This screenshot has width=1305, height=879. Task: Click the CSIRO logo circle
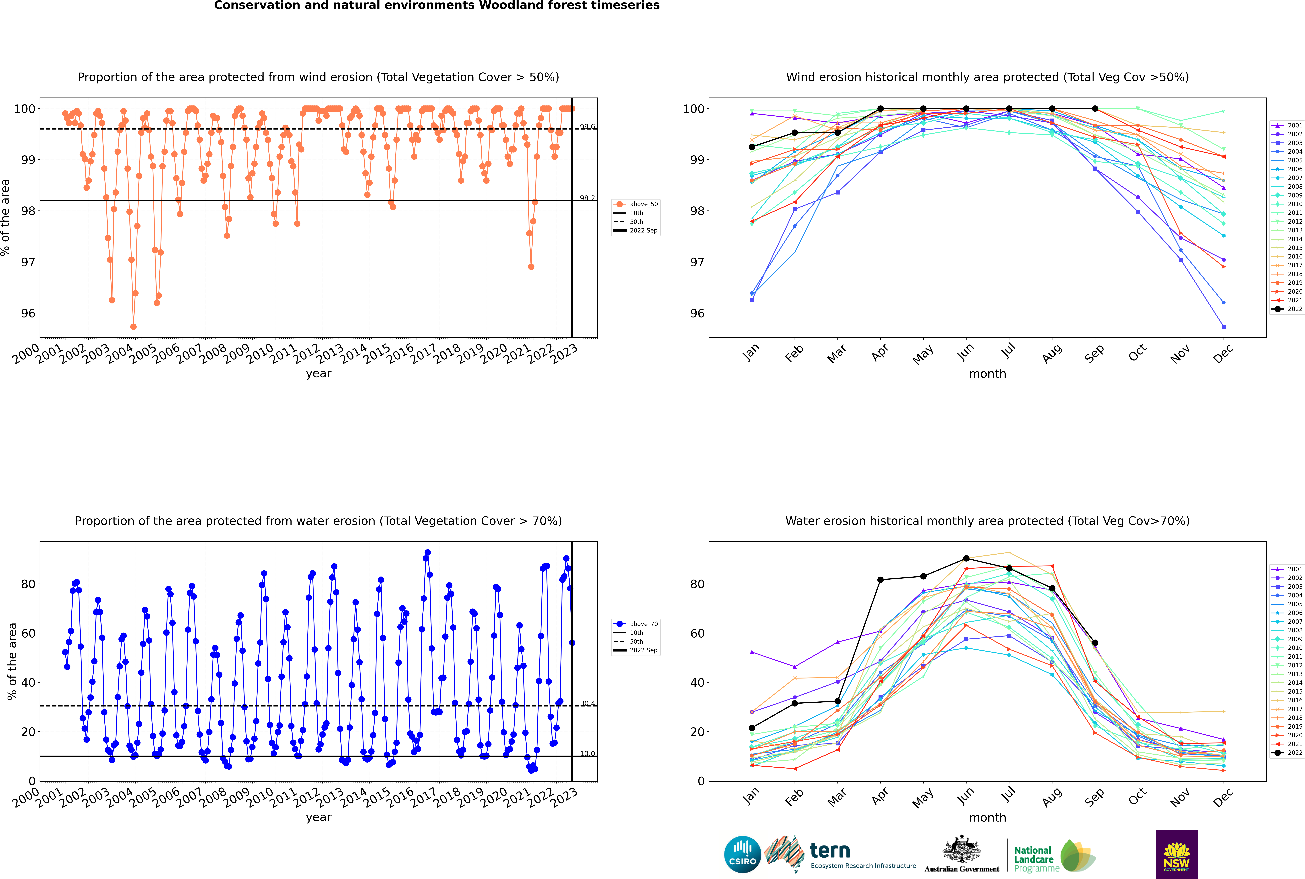click(x=742, y=854)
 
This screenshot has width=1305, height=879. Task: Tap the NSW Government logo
click(x=1176, y=854)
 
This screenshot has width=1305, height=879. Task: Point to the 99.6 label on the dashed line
click(x=587, y=127)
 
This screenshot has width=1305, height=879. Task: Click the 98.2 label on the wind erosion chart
click(x=587, y=198)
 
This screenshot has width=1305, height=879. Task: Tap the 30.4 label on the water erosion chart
click(x=587, y=704)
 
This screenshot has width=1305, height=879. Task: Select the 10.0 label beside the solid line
click(x=587, y=753)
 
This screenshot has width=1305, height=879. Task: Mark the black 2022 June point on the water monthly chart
click(x=966, y=558)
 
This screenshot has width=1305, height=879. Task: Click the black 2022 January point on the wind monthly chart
click(x=752, y=147)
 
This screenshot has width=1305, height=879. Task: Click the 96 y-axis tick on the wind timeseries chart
click(x=28, y=313)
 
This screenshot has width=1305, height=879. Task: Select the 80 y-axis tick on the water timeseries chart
click(x=28, y=584)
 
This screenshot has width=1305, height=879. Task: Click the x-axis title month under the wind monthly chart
click(x=987, y=374)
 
